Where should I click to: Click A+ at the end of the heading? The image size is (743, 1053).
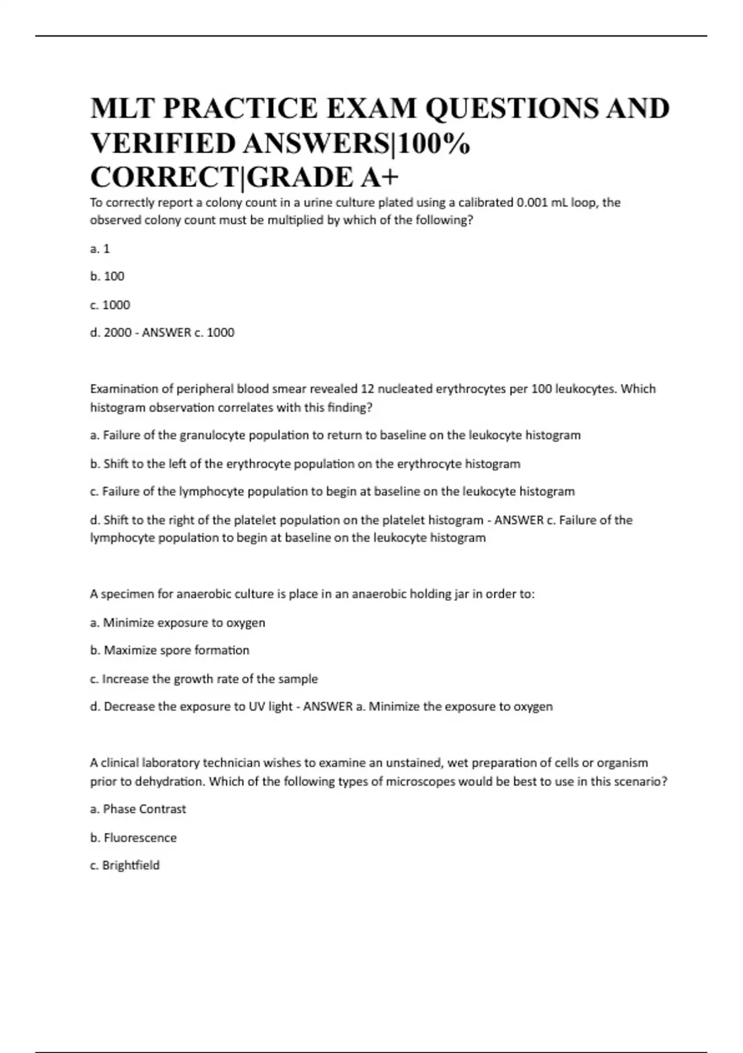[x=378, y=177]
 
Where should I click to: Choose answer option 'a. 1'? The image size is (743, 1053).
[x=100, y=249]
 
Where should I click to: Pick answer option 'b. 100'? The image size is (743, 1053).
[x=107, y=276]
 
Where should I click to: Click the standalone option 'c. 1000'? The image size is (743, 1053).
[x=110, y=305]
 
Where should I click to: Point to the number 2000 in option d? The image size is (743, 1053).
[x=118, y=333]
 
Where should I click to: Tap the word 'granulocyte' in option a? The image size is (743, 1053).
[x=212, y=435]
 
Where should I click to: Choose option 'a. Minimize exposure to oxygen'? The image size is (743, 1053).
[x=178, y=623]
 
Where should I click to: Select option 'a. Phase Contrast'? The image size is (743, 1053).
[x=138, y=809]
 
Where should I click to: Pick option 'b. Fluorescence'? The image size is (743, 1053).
[x=133, y=837]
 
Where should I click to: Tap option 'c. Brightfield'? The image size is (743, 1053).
[x=124, y=865]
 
